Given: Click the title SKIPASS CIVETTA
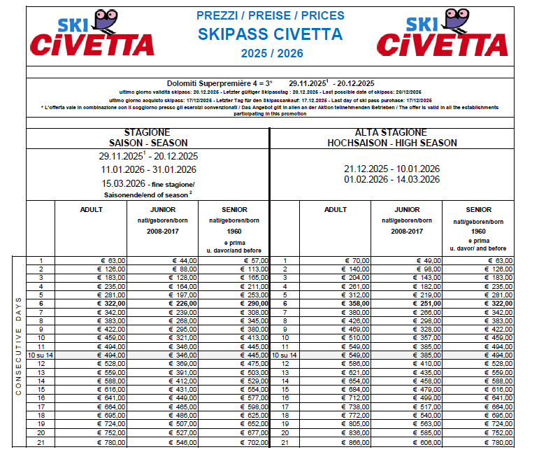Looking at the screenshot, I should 269,34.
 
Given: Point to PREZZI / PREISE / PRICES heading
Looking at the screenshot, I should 269,15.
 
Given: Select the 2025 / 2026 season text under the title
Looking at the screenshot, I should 269,52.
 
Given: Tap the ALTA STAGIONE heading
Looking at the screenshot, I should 392,132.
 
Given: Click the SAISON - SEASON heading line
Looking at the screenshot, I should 148,143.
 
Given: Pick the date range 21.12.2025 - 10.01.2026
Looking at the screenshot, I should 391,169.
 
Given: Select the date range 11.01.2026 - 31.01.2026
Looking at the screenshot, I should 148,169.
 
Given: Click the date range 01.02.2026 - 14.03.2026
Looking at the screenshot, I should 391,179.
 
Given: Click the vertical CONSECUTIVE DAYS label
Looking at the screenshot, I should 19,346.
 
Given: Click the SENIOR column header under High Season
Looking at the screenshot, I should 478,209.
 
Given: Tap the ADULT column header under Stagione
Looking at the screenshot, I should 91,209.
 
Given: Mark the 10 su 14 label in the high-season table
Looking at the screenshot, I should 285,355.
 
